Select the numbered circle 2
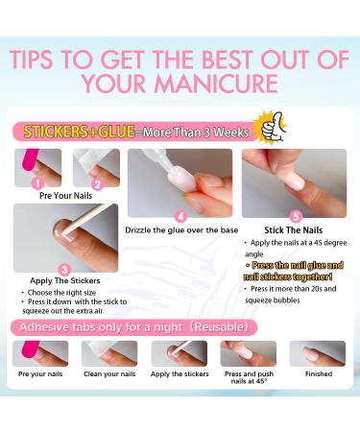tap(95, 181)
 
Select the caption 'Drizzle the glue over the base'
tap(180, 230)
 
